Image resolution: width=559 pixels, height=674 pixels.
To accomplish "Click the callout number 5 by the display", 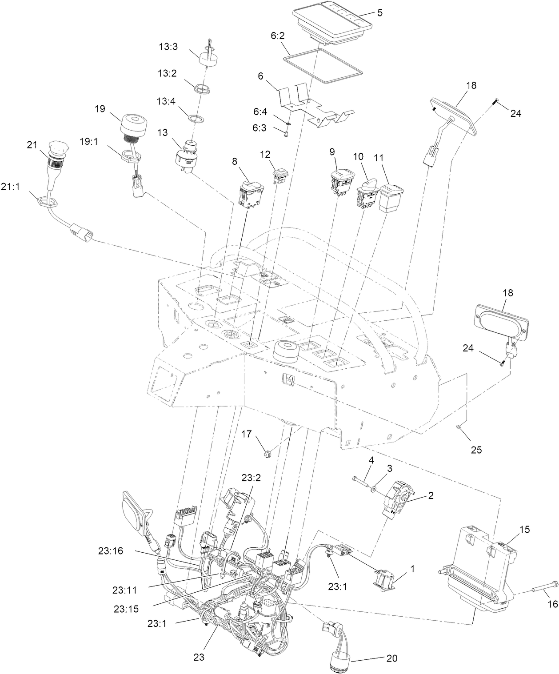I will pyautogui.click(x=380, y=13).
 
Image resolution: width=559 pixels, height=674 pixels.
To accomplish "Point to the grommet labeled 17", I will pyautogui.click(x=268, y=454).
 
